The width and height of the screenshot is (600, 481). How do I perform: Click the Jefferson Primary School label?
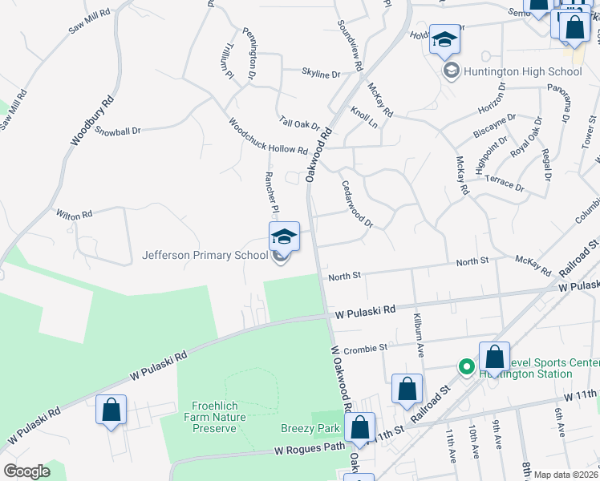point(205,256)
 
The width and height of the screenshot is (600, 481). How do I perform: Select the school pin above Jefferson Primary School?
point(284,236)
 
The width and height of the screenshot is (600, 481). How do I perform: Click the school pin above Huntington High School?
point(444,39)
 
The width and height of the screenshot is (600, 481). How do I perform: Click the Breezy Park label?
point(310,429)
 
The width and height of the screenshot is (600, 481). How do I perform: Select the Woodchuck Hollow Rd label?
point(268,137)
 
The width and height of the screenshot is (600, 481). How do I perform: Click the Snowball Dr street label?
point(117,130)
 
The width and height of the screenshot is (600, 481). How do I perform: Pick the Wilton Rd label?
point(75,214)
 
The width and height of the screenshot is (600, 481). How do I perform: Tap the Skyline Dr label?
point(321,74)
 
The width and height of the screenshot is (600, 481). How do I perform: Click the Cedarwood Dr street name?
point(357,204)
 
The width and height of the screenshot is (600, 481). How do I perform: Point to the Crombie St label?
point(366,349)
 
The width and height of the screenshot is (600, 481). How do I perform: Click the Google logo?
point(26,471)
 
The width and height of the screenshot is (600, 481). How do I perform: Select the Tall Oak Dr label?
point(299,124)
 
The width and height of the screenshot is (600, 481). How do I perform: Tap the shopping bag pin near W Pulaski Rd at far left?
point(111,410)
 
